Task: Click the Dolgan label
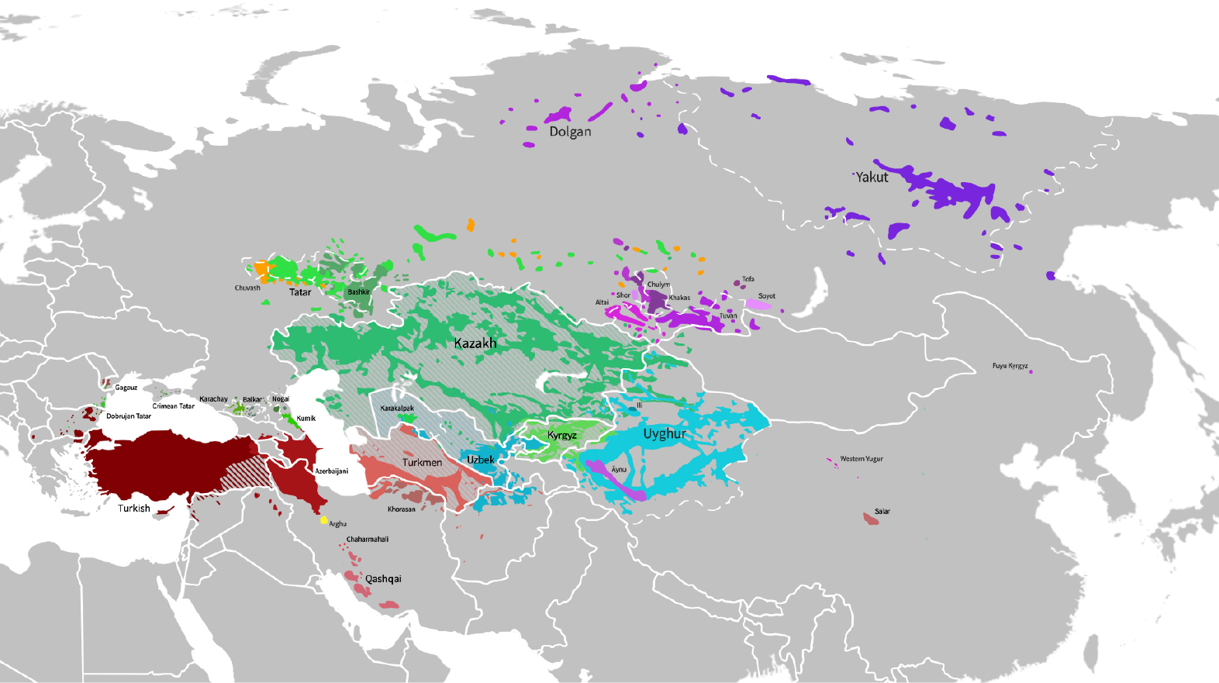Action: point(570,132)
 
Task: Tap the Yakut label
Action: point(872,178)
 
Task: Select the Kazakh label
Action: point(475,343)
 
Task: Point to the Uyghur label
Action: point(665,434)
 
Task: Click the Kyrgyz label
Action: point(562,436)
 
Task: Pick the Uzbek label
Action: point(480,460)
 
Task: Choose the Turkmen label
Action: point(422,463)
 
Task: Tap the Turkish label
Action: point(134,509)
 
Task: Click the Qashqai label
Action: point(383,579)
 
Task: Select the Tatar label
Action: point(300,292)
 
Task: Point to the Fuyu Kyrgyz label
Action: point(1010,366)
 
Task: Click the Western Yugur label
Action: point(862,459)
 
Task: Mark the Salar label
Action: point(882,512)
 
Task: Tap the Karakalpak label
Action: point(397,409)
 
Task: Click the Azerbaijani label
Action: point(332,471)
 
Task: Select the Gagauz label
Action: point(126,388)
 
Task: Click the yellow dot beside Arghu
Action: point(324,520)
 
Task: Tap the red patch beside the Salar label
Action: point(871,518)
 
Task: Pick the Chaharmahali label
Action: point(368,540)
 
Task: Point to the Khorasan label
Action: point(402,509)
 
